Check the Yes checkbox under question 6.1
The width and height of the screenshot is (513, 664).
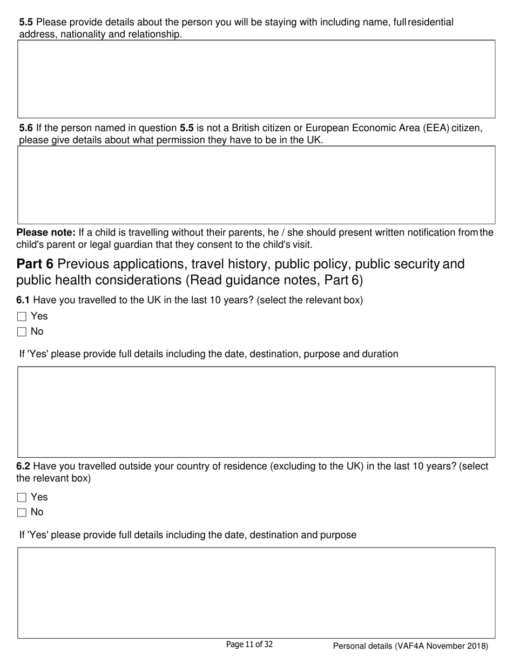point(22,317)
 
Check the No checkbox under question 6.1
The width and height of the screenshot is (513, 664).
point(22,332)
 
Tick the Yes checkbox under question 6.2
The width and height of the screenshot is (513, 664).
point(22,498)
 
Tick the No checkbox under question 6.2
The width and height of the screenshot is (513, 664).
point(22,512)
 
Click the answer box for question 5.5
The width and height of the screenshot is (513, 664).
point(256,79)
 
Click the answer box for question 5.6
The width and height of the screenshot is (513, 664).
point(256,185)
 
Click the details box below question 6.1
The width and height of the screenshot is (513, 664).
point(256,412)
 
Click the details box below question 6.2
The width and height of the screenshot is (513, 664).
point(256,593)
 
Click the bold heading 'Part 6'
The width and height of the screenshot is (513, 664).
point(35,264)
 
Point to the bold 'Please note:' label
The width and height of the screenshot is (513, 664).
point(46,233)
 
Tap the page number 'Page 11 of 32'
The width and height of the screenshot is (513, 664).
point(249,645)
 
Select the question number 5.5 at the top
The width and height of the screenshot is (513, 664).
point(26,22)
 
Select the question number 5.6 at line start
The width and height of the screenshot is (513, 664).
point(26,128)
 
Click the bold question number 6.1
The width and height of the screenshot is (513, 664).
point(23,300)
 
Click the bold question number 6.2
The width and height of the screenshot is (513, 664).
point(23,466)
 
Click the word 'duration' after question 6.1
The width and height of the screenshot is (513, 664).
point(380,354)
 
